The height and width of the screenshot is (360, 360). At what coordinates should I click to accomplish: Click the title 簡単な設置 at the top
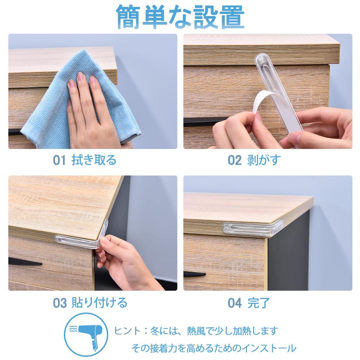tap(180, 16)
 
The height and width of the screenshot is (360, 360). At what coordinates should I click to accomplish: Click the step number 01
tap(59, 160)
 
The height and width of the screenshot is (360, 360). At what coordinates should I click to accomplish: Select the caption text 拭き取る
tap(94, 160)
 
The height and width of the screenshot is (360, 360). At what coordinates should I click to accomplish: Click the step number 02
tap(234, 160)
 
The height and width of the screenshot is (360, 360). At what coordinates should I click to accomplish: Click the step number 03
tap(59, 303)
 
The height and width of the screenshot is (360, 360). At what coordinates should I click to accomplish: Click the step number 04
tap(234, 303)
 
